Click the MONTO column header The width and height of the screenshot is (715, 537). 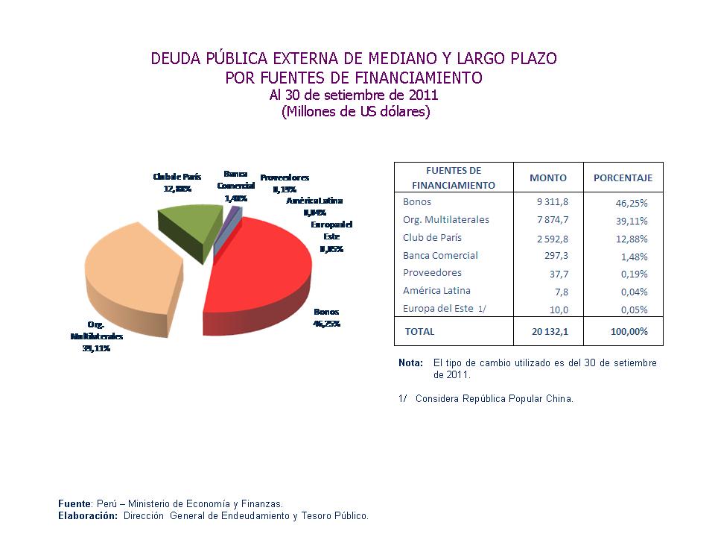coord(547,178)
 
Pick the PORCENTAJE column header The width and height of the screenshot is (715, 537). coord(623,178)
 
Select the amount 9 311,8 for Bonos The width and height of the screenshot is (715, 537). coord(552,202)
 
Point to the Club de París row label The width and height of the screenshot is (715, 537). coord(432,238)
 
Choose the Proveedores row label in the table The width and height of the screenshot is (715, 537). coord(432,273)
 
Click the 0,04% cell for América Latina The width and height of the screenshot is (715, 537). coord(635,292)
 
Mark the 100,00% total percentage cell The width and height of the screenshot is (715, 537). coord(629,331)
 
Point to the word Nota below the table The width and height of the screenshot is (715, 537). coord(410,363)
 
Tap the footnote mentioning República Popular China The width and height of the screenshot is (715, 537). coord(494,398)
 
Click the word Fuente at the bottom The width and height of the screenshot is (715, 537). coord(74,503)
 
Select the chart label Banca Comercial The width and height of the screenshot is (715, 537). coord(236,180)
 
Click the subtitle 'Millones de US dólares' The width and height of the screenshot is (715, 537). coord(356,112)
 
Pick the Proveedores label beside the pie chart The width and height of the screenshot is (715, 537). coord(285,178)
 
